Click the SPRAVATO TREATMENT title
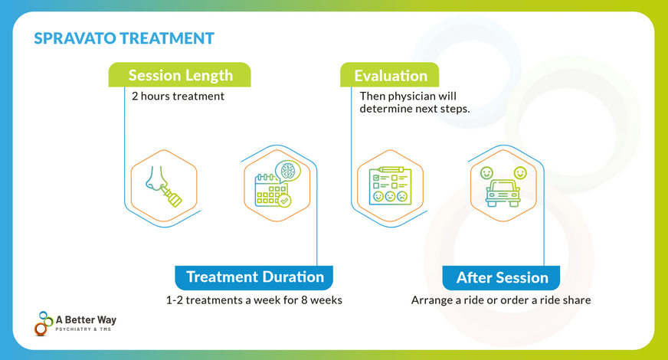(124, 38)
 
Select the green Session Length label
(180, 75)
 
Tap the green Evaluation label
(390, 75)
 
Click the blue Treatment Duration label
(254, 277)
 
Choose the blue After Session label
(502, 277)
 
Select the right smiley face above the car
(519, 173)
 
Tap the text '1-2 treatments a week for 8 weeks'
(254, 299)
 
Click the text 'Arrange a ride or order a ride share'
(501, 299)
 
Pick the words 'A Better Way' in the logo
(87, 319)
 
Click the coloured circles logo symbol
(43, 323)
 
